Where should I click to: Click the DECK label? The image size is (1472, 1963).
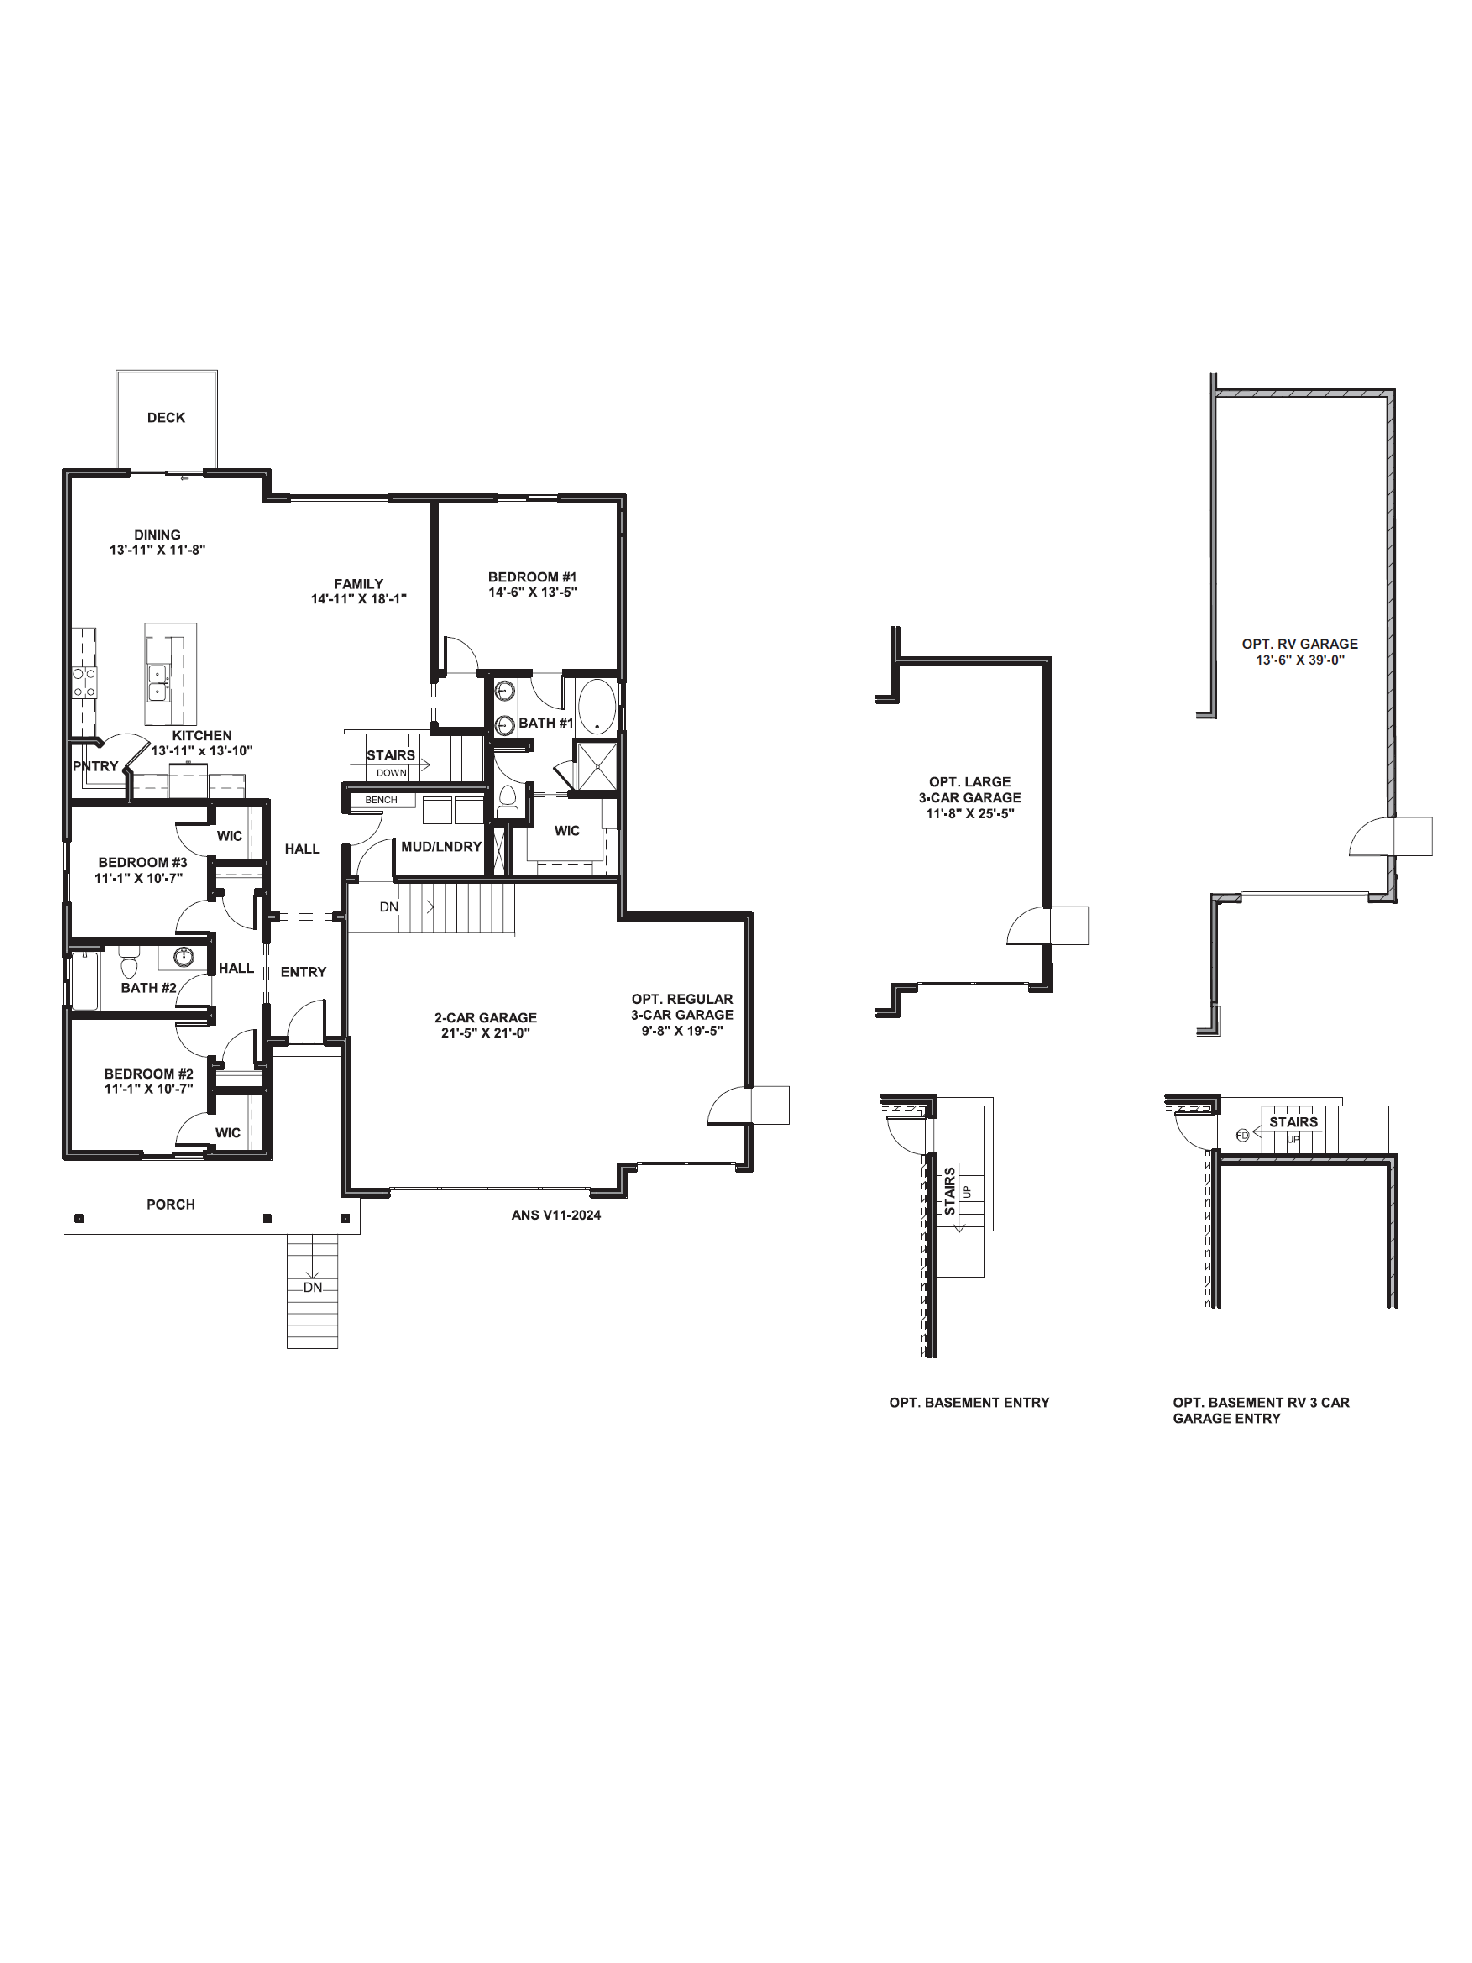click(166, 417)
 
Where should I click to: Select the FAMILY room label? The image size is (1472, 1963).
click(358, 584)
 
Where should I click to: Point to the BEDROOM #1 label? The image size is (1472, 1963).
click(532, 577)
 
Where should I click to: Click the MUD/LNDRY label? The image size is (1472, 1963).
click(441, 847)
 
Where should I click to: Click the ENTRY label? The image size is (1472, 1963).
click(303, 972)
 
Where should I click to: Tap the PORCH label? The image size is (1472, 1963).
click(170, 1204)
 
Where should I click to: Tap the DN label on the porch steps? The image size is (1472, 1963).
click(312, 1287)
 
